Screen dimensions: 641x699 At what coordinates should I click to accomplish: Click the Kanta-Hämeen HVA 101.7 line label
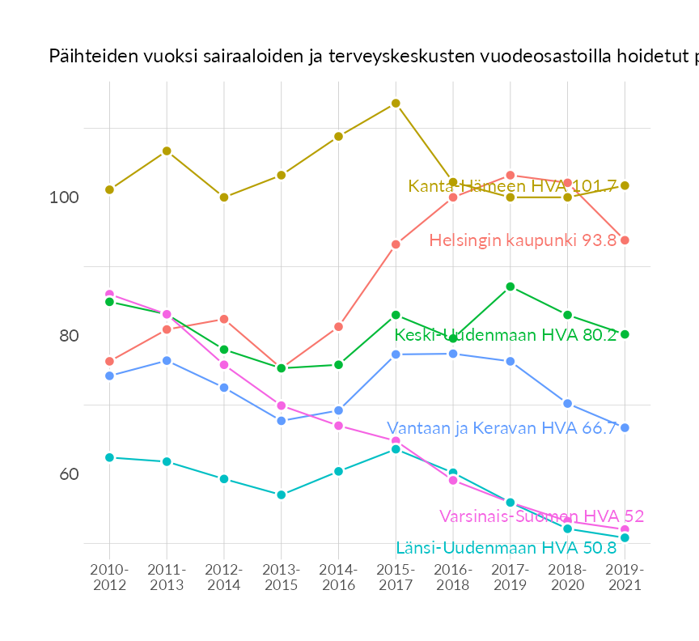click(512, 186)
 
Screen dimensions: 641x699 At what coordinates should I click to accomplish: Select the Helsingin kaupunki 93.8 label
click(523, 240)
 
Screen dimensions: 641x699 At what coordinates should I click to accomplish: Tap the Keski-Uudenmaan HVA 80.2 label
click(505, 335)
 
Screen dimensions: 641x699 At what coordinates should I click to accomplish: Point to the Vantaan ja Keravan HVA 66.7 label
click(502, 428)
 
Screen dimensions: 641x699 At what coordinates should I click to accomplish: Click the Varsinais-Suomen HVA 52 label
click(541, 516)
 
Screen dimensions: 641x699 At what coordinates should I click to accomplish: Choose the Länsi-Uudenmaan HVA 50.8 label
click(506, 548)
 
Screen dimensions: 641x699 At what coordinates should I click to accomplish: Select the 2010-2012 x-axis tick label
click(109, 578)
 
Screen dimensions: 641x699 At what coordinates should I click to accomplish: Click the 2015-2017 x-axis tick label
click(396, 578)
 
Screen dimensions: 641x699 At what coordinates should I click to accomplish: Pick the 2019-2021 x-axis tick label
click(625, 578)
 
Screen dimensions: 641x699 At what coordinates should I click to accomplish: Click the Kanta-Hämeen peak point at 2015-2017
click(396, 103)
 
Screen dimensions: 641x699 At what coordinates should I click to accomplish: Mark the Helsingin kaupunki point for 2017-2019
click(510, 175)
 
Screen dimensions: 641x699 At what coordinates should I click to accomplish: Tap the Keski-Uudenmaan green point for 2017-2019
click(510, 287)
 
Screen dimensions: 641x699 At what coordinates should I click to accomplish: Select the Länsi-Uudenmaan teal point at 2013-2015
click(282, 495)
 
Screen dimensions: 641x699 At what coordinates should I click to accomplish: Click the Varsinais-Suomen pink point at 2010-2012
click(109, 294)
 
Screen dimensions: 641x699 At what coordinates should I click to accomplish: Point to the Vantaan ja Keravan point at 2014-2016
click(339, 410)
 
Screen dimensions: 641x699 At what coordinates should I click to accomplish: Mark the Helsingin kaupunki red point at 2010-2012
click(109, 361)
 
